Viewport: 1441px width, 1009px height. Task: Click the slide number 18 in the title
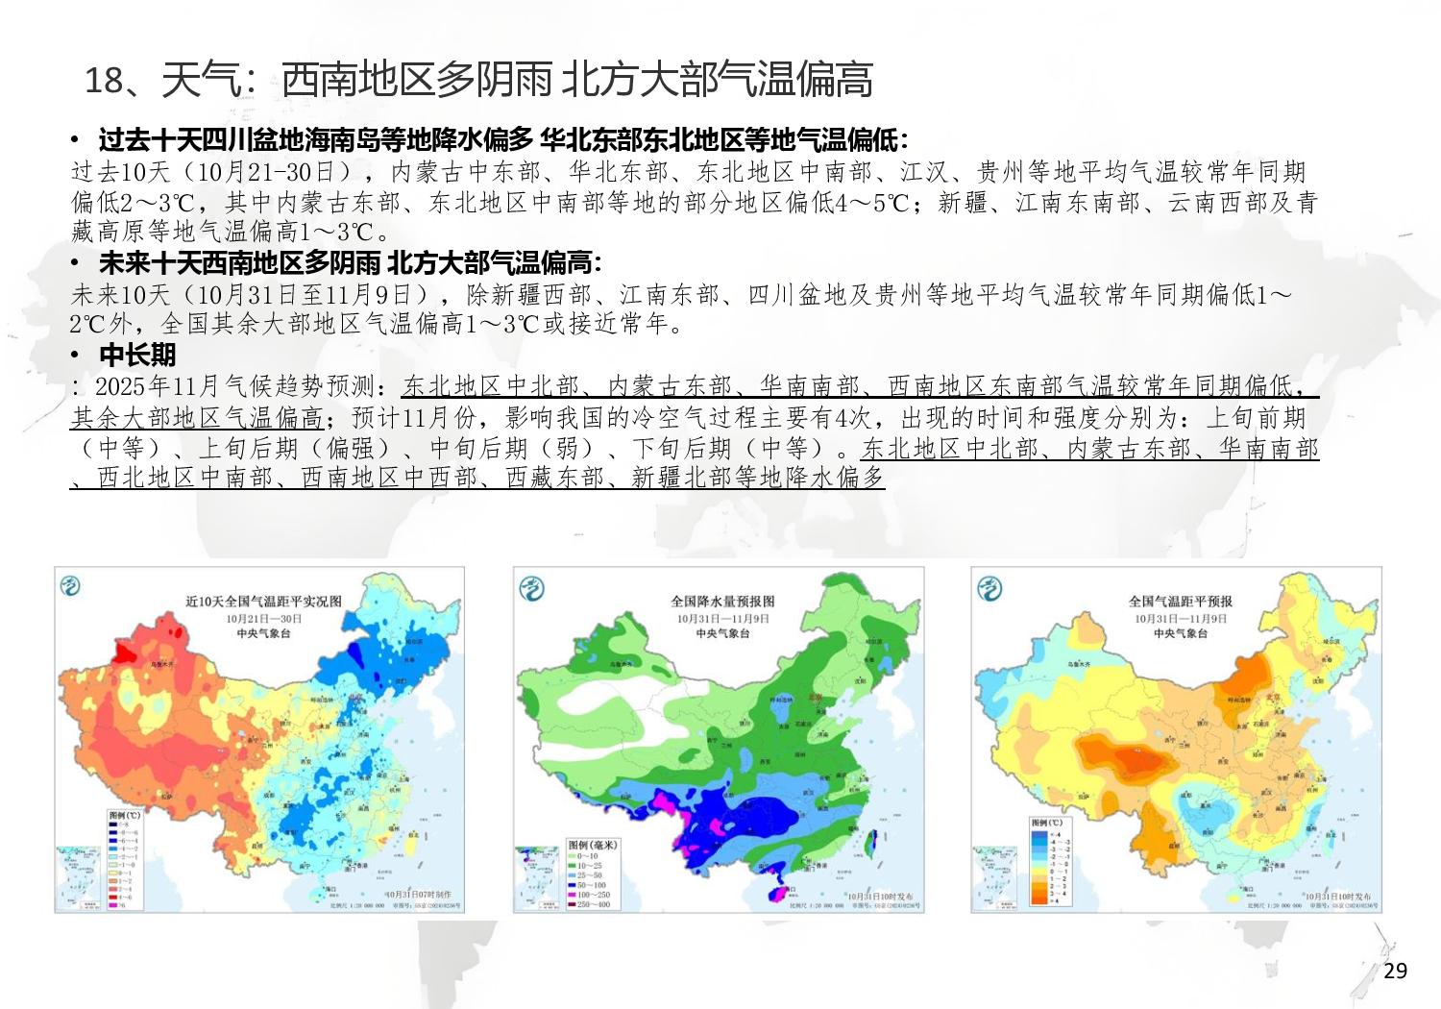104,80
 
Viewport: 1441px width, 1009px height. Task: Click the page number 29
1395,971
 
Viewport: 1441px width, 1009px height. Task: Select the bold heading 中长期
137,355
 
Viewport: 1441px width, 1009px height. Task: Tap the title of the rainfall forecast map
722,601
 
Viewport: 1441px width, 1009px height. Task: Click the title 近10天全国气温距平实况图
263,601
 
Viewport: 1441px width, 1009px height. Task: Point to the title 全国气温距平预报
1180,601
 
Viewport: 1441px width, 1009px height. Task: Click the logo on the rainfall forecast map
531,588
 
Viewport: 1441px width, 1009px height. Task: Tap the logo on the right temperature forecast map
989,587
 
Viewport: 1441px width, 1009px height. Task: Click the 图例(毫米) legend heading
592,845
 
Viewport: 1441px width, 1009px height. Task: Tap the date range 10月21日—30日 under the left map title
263,619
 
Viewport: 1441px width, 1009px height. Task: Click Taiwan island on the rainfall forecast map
871,843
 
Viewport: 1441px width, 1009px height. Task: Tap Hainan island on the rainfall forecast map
775,894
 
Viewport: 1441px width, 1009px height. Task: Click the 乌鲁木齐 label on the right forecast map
1079,664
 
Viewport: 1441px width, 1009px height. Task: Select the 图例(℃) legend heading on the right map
1046,823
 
